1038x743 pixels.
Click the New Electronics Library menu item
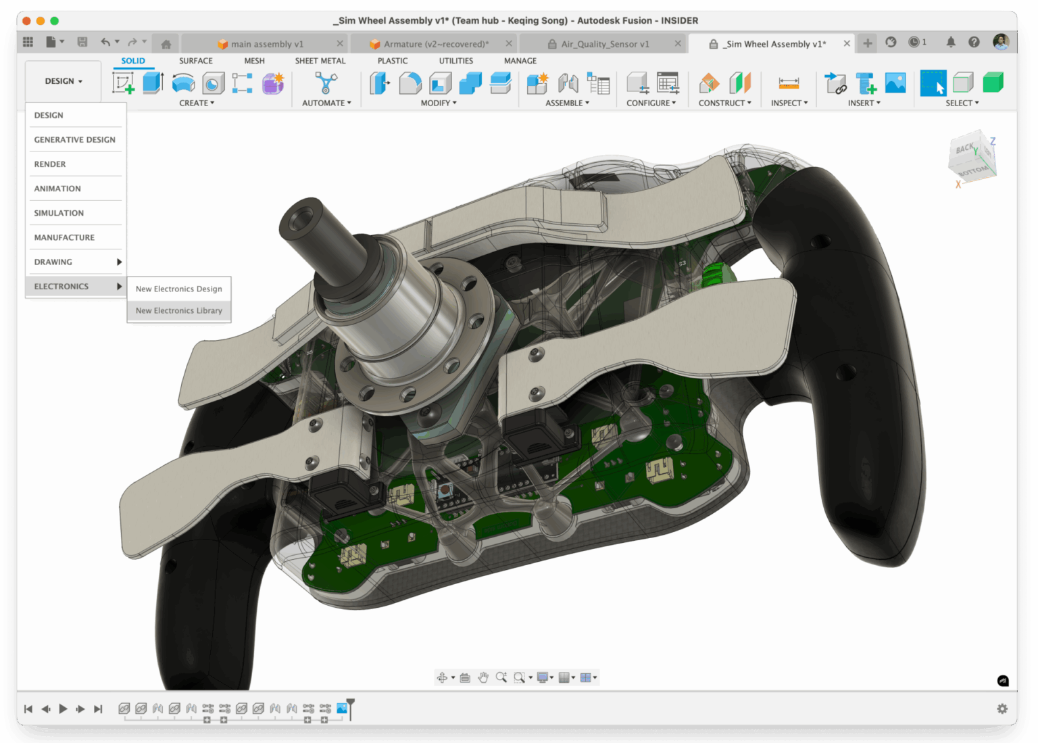click(x=178, y=311)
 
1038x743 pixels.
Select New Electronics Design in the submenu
click(x=178, y=289)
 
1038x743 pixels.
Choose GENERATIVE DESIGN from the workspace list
click(x=74, y=140)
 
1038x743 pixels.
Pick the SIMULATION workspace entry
click(x=59, y=213)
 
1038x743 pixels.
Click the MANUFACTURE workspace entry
click(x=64, y=237)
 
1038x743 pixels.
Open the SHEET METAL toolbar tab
click(x=320, y=61)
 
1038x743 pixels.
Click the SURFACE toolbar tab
click(x=195, y=61)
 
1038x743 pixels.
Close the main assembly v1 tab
click(x=340, y=44)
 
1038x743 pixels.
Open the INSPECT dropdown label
click(x=789, y=103)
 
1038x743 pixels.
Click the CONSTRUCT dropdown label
click(x=724, y=103)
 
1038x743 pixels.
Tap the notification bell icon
click(x=951, y=42)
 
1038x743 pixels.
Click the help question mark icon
click(x=974, y=42)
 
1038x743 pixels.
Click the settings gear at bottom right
click(x=1002, y=709)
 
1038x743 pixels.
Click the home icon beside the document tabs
click(x=166, y=44)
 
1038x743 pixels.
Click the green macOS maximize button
click(x=55, y=21)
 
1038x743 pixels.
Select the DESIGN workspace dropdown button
click(x=64, y=81)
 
